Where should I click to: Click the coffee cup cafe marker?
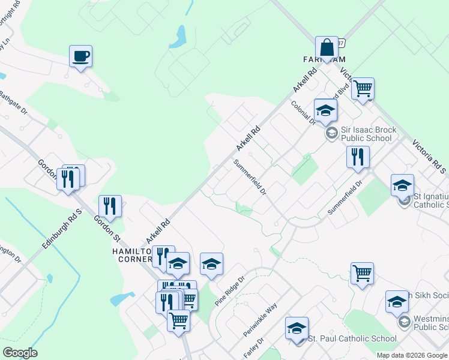coord(80,56)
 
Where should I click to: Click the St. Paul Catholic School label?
coord(352,339)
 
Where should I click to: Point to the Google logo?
coord(19,353)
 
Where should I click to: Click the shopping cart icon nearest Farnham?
coord(363,89)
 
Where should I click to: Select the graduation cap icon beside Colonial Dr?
coord(325,110)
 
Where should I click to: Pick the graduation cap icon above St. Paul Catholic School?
coord(297,328)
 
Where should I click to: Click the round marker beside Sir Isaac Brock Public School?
coord(330,133)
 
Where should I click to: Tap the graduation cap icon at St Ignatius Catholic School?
coord(402,185)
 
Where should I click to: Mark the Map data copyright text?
coord(412,355)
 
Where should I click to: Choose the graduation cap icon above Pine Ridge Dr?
coord(211,264)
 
